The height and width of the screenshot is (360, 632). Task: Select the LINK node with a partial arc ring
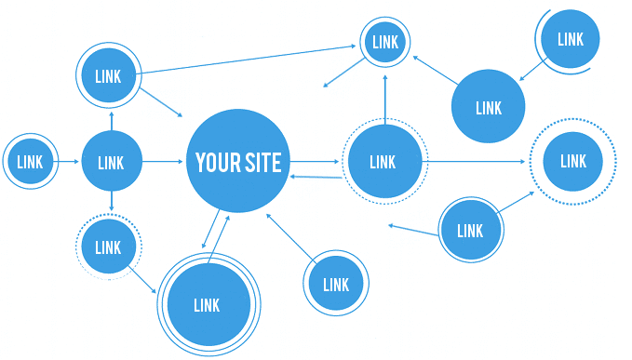coord(570,39)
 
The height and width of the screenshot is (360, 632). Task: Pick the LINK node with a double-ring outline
coord(208,305)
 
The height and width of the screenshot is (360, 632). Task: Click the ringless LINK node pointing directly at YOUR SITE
coord(112,162)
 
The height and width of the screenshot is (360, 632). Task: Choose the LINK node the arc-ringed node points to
coord(488,106)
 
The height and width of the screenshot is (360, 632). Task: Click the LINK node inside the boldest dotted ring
coord(573,162)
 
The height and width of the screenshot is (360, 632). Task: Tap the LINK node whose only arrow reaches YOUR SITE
coord(336,283)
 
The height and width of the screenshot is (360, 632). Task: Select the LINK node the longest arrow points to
coord(385,42)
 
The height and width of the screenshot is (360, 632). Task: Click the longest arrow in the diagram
coord(248,60)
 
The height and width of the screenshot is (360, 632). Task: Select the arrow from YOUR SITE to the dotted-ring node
coord(315,162)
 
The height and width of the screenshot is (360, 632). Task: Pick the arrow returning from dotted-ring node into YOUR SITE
coord(316,177)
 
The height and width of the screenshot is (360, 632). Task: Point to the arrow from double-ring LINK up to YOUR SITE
coord(219,240)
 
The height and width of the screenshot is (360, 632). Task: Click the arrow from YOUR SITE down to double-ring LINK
coord(210,229)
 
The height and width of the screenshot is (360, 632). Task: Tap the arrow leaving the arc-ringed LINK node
coord(533,69)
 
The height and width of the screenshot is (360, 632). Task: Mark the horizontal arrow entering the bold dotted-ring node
coord(474,162)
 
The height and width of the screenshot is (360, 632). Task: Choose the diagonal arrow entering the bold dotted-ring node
coord(516,202)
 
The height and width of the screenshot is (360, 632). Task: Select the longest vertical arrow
coord(385,100)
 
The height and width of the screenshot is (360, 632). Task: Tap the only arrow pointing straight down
coord(112,201)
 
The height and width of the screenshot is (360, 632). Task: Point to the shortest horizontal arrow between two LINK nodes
coord(69,162)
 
